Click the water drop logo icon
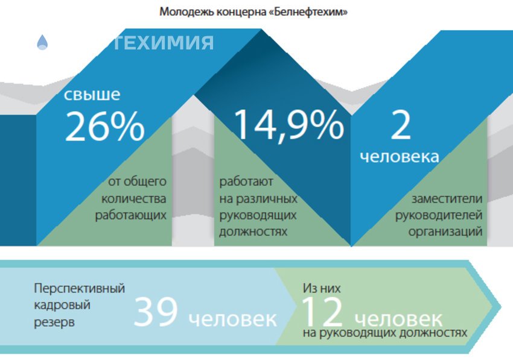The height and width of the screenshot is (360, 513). [x=42, y=42]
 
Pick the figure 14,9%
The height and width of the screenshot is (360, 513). [x=288, y=125]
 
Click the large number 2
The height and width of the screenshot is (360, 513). [x=400, y=125]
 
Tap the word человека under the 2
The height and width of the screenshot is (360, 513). [x=400, y=157]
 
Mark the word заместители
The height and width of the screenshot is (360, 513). [x=447, y=198]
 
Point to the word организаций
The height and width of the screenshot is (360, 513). [x=445, y=232]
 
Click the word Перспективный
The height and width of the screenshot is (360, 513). [x=79, y=288]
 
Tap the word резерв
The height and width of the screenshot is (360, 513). [x=54, y=322]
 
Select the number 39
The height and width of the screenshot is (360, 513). [x=156, y=312]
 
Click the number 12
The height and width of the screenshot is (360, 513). [x=322, y=312]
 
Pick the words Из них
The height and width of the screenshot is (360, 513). [x=319, y=288]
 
